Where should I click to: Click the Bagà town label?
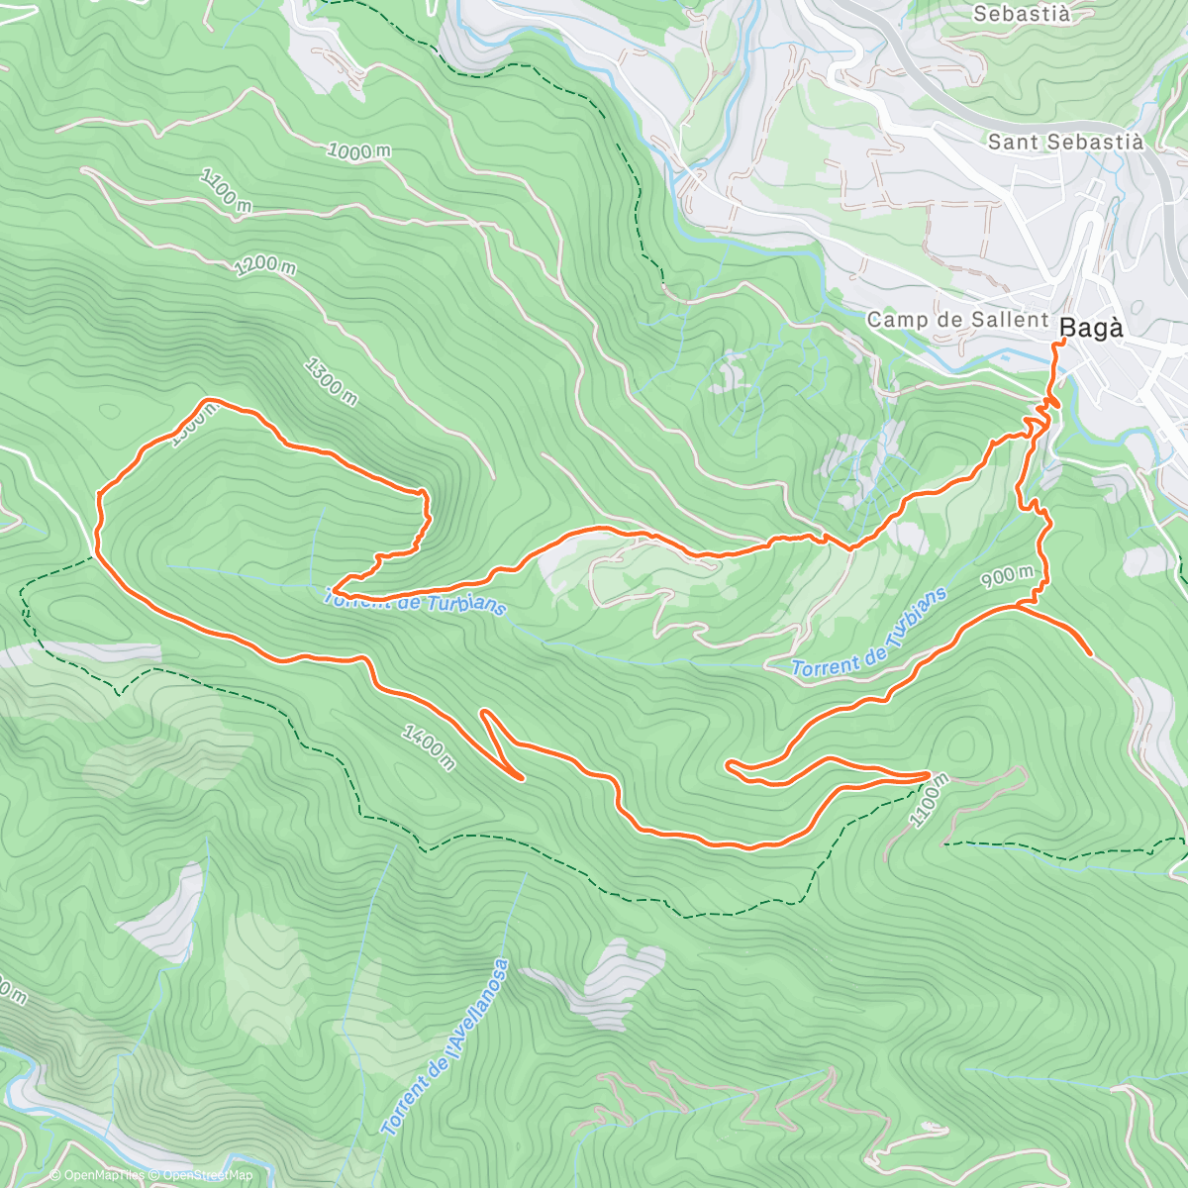1092,328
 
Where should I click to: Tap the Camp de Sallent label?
957,320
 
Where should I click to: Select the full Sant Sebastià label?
1065,142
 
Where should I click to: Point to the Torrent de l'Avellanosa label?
445,1048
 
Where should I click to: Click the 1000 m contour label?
358,151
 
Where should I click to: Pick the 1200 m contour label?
264,265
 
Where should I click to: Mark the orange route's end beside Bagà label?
1062,341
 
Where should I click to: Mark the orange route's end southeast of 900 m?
1090,654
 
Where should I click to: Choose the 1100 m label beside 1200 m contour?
226,190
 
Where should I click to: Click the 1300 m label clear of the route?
331,381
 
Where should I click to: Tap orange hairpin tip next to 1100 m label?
929,774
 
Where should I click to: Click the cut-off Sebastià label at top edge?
1021,14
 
